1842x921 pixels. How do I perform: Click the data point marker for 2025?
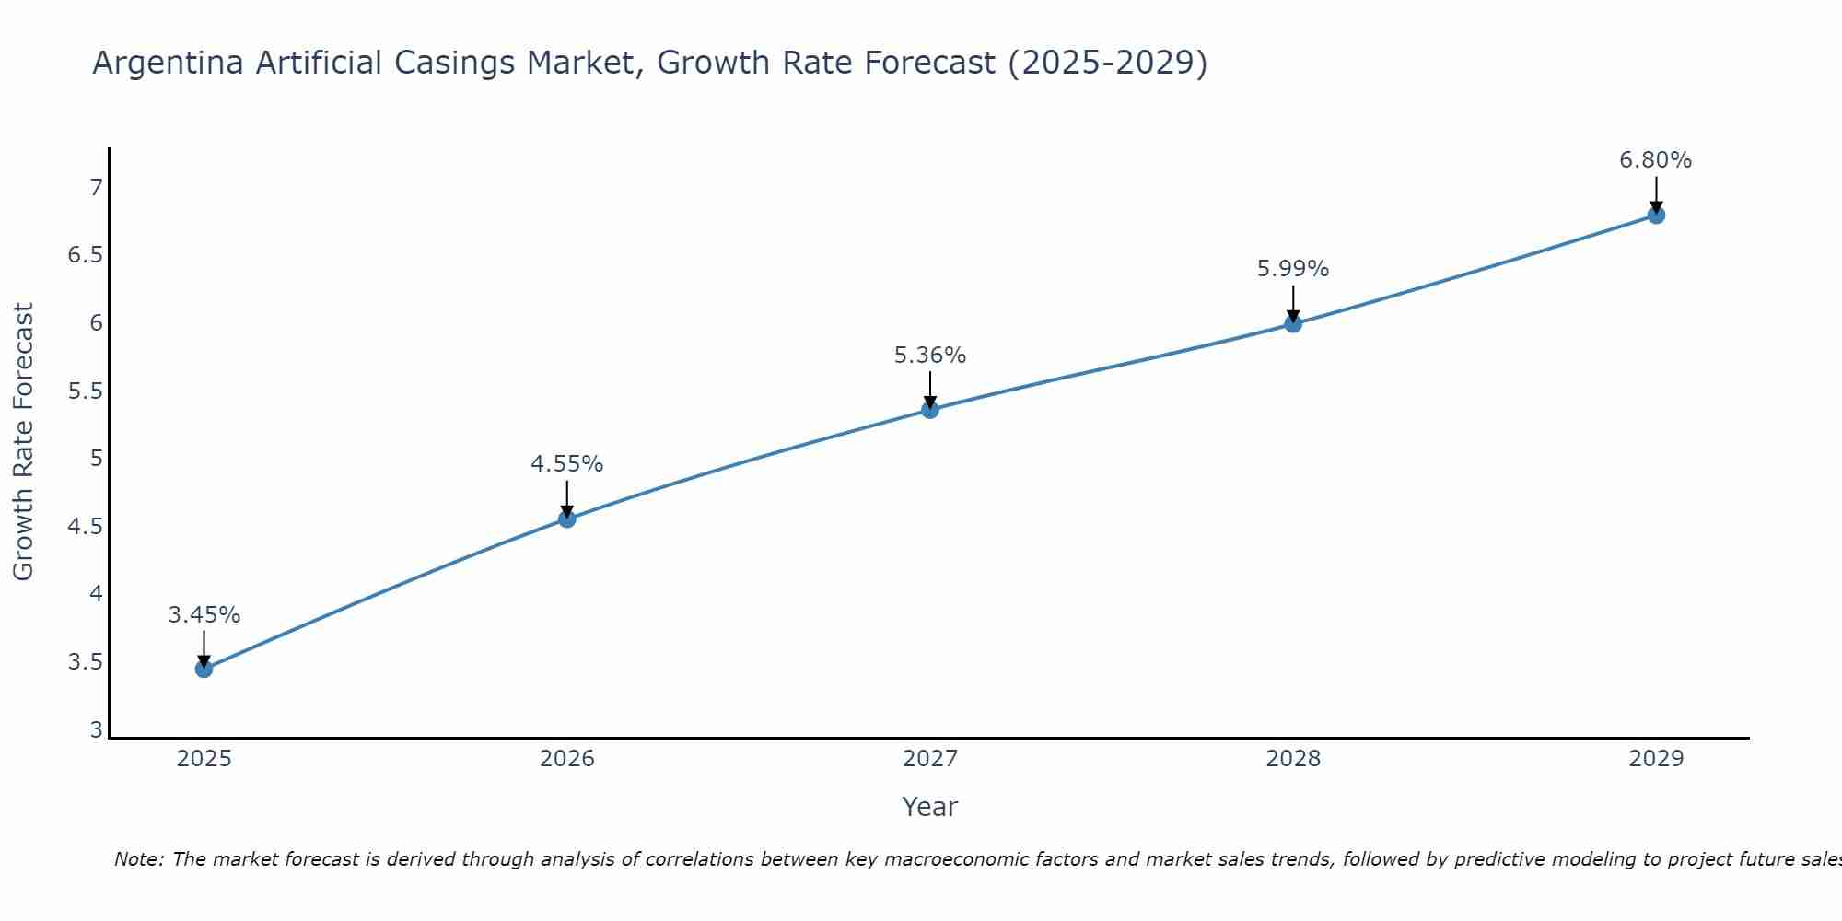click(x=204, y=669)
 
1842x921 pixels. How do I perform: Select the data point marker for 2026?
click(x=567, y=519)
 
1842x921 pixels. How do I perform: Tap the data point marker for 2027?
click(x=930, y=410)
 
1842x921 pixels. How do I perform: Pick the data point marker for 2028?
click(x=1293, y=323)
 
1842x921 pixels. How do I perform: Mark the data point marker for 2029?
click(x=1656, y=216)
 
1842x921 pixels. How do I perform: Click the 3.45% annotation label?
click(x=204, y=615)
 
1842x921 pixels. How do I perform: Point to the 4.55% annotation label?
click(x=567, y=464)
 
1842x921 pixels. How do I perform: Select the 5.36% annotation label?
click(x=930, y=356)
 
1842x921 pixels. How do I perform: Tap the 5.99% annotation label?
click(x=1293, y=269)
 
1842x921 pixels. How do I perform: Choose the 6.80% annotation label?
click(x=1656, y=160)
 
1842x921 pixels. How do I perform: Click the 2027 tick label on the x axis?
click(x=930, y=759)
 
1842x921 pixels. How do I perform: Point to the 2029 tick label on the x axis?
click(x=1656, y=759)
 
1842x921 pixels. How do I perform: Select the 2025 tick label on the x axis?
click(x=204, y=759)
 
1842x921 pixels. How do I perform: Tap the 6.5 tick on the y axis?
click(x=85, y=255)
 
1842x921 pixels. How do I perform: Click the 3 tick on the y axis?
click(x=96, y=730)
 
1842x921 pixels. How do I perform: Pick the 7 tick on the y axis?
click(x=96, y=188)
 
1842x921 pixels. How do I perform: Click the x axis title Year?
click(x=930, y=807)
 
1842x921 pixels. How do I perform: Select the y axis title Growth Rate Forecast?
click(x=24, y=442)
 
